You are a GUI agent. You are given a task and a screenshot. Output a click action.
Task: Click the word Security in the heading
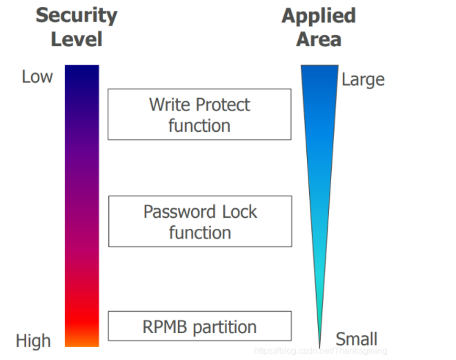tap(76, 16)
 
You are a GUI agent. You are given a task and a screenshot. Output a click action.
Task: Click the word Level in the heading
tap(76, 39)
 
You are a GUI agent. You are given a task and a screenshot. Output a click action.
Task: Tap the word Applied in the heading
tap(318, 16)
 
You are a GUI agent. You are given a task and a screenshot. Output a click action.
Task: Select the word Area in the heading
tap(318, 39)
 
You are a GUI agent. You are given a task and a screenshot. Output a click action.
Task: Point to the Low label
tap(37, 77)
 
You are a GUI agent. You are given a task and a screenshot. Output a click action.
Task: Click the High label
tap(33, 341)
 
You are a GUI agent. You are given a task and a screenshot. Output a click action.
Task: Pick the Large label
tap(362, 80)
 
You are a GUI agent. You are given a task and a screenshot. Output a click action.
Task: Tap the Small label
tap(356, 339)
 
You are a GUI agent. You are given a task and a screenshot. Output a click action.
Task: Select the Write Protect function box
tap(199, 114)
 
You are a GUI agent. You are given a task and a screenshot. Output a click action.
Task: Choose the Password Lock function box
tap(199, 221)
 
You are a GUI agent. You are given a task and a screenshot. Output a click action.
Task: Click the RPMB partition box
tap(199, 327)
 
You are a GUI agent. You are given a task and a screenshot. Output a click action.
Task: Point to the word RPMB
tap(163, 327)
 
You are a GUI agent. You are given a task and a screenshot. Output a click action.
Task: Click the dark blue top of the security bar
tap(82, 72)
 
